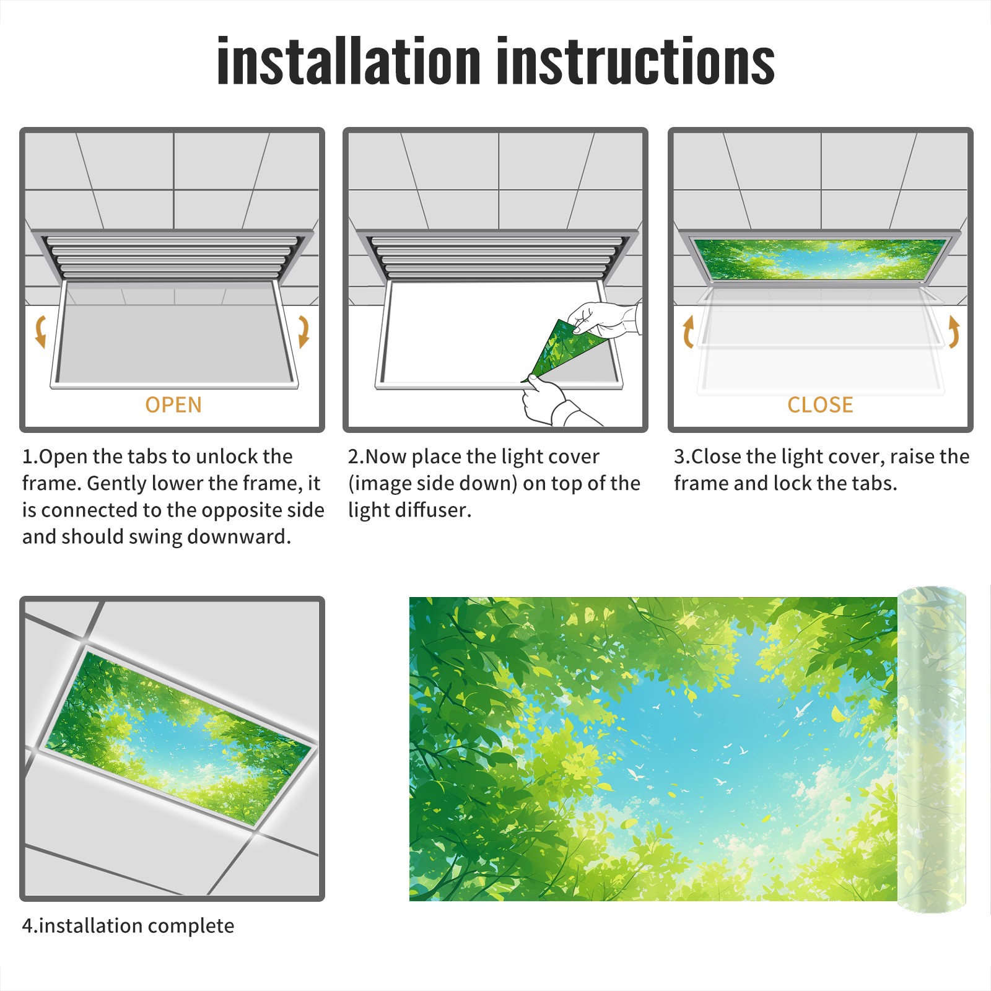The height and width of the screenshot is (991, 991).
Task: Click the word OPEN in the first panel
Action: coord(173,404)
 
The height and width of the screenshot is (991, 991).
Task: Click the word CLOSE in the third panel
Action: coord(820,404)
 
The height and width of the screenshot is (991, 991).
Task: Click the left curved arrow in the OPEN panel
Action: coord(40,331)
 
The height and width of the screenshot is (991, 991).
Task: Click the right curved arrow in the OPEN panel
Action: coord(303,331)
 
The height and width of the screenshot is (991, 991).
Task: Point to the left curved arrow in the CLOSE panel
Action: coord(688,331)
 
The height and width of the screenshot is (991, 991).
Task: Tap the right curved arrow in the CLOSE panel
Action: coord(954,331)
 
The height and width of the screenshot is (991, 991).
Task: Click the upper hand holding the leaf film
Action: coord(604,320)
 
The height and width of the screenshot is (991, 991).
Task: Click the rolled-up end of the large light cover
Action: coord(932,749)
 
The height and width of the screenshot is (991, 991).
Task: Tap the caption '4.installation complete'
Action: coord(128,926)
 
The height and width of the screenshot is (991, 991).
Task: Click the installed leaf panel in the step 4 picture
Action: coord(178,738)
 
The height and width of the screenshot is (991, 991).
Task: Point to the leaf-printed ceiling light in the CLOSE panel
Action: coord(820,259)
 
